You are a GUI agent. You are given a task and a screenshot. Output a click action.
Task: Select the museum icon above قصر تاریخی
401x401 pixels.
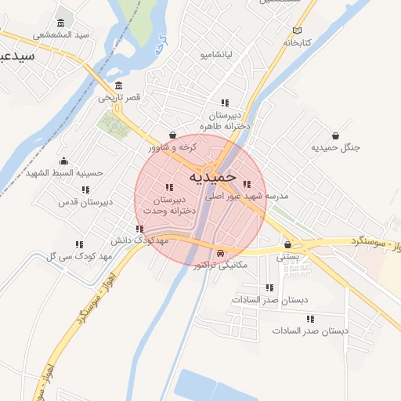click(x=118, y=85)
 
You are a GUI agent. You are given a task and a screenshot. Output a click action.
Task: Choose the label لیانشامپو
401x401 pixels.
click(x=215, y=55)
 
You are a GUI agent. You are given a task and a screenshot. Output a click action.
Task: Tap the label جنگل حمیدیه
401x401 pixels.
click(x=335, y=148)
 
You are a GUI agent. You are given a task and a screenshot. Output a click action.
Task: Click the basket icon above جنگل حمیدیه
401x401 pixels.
click(x=335, y=135)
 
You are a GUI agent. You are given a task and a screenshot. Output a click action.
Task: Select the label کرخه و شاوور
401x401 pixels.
click(x=172, y=146)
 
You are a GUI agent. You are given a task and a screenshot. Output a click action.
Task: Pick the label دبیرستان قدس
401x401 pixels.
click(x=86, y=201)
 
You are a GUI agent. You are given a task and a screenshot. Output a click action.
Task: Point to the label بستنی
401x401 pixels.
click(x=288, y=256)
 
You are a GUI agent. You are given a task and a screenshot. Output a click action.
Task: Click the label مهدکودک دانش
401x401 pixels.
click(x=141, y=240)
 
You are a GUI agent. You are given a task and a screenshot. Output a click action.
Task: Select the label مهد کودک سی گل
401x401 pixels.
click(x=78, y=256)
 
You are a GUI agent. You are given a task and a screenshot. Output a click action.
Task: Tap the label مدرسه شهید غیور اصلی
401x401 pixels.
click(x=247, y=197)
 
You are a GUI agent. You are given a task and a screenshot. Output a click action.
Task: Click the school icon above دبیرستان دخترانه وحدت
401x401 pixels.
click(x=169, y=187)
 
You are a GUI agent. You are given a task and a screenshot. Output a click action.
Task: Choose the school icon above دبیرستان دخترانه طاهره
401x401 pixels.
click(x=224, y=103)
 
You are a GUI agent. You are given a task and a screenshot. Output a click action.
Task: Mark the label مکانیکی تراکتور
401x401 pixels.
click(x=220, y=265)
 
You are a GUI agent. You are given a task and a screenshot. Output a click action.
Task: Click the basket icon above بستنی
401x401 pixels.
click(x=288, y=244)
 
